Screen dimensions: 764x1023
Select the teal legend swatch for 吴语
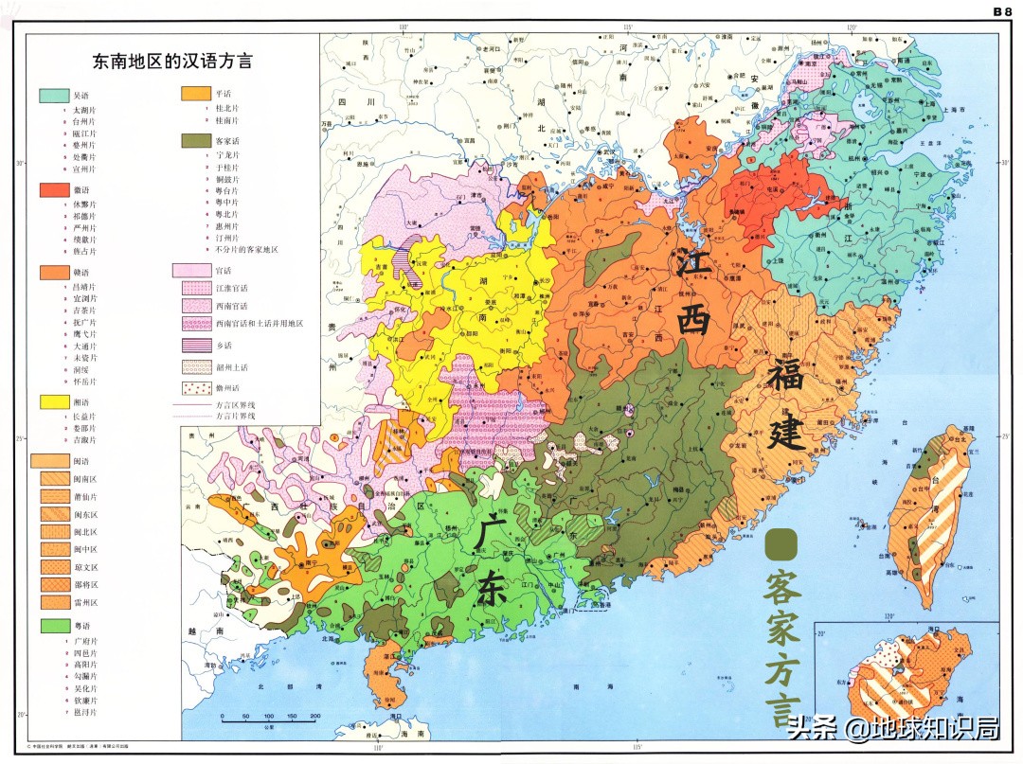coord(53,96)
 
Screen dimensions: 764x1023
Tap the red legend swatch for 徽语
coord(53,190)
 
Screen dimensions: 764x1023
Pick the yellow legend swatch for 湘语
coord(53,402)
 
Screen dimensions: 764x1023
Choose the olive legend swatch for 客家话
coord(195,140)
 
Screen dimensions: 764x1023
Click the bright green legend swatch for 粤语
coord(53,626)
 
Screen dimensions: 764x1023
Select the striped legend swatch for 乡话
coord(195,346)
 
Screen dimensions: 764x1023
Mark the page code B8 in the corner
coord(1002,11)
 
